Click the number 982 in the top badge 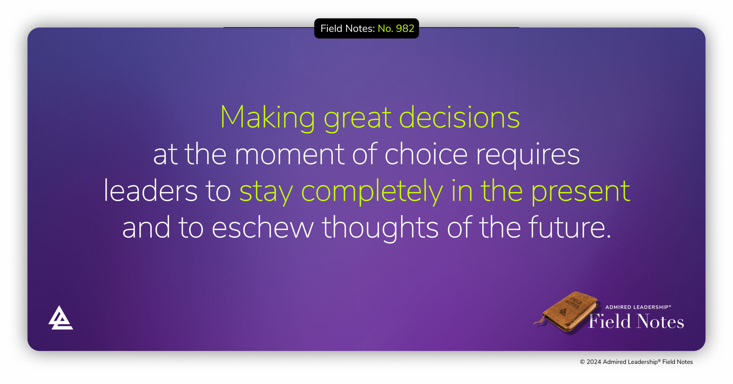(405, 28)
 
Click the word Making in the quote (267, 117)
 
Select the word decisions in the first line (459, 117)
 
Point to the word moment (289, 155)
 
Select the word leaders (150, 191)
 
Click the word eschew (263, 228)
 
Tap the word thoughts (380, 228)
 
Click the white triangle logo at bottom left (60, 319)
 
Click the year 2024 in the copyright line (594, 362)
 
